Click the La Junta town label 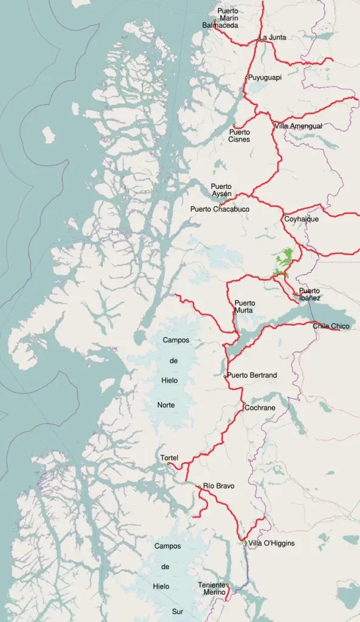[273, 38]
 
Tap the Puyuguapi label [265, 78]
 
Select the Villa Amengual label [298, 126]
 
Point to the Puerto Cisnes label [239, 135]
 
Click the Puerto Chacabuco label [220, 209]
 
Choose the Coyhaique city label [301, 219]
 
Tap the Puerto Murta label [245, 307]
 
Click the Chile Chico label [331, 326]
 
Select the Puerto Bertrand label [252, 375]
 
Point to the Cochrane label [260, 408]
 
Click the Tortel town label [169, 457]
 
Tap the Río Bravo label [219, 486]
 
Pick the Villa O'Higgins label [271, 543]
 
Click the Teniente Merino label [212, 589]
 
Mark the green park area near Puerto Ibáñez [284, 261]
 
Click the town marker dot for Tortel [169, 464]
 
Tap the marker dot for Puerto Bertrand [225, 377]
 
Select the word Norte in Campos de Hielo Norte [166, 404]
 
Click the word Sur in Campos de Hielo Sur [176, 610]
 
